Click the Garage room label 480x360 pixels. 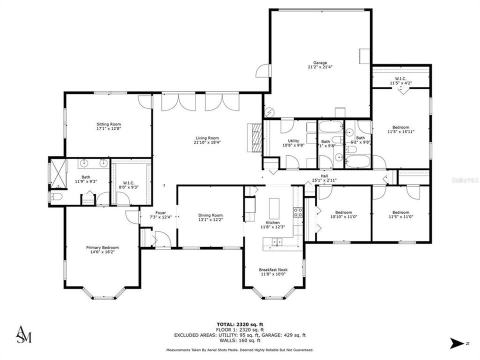click(x=320, y=62)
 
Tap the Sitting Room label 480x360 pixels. click(x=108, y=124)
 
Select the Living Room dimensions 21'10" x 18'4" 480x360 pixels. click(x=207, y=142)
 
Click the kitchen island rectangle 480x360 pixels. click(x=273, y=206)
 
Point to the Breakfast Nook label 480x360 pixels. click(x=273, y=269)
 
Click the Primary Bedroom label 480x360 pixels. click(x=102, y=247)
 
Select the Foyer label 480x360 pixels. click(x=160, y=212)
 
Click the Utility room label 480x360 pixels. click(x=293, y=141)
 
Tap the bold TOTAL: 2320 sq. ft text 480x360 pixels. click(x=239, y=325)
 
